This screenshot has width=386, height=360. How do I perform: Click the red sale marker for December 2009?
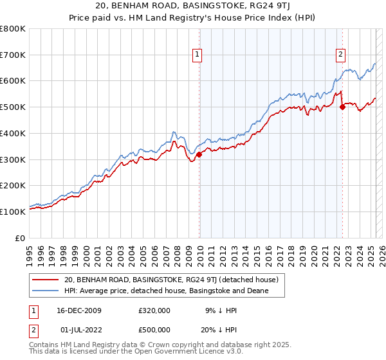[x=199, y=154]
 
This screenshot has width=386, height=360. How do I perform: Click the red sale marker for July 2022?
[x=342, y=107]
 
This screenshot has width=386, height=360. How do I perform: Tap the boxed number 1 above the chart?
[x=196, y=55]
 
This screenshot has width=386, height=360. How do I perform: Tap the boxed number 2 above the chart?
[x=340, y=55]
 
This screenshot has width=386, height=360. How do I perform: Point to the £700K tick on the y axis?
[x=13, y=55]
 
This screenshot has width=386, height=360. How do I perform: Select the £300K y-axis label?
[x=13, y=159]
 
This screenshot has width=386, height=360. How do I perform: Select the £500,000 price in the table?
[x=154, y=330]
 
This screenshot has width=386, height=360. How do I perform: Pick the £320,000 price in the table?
[x=154, y=310]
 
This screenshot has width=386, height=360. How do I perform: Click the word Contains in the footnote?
[x=44, y=346]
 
